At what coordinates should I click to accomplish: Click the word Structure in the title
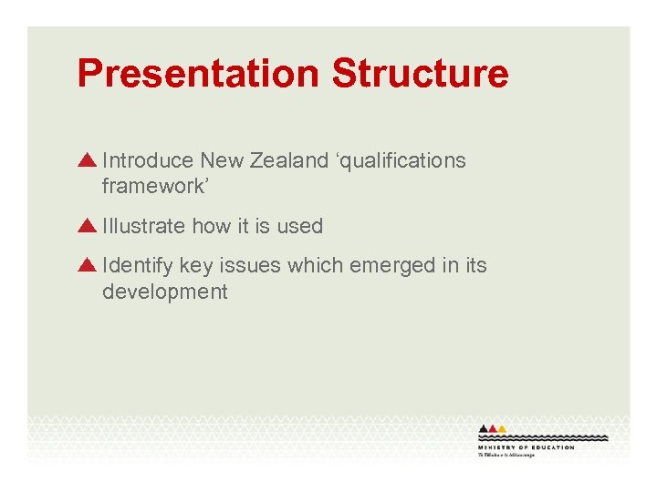point(421,74)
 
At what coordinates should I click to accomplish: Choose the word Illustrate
point(144,226)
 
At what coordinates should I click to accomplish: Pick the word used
point(300,226)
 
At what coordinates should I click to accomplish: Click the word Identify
point(138,266)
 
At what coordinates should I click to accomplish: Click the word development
point(165,292)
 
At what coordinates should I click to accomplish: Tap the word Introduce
point(149,161)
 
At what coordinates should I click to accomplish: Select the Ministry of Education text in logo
point(526,447)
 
